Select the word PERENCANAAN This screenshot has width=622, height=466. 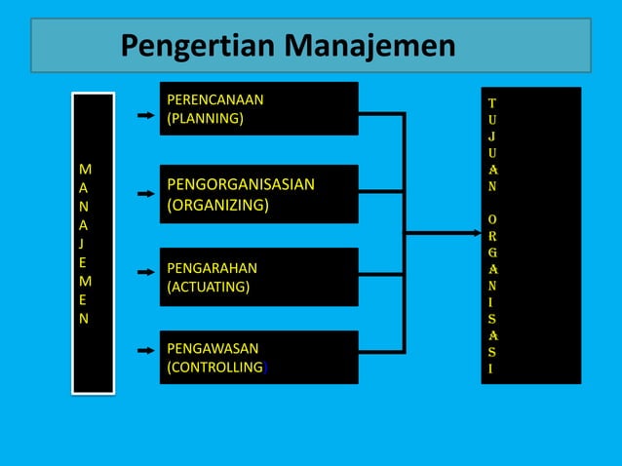215,99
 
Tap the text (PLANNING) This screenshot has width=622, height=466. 206,119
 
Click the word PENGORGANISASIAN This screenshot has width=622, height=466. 241,184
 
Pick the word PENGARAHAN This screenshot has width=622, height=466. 213,267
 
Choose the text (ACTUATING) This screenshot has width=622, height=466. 209,288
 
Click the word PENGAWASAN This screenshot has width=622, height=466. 213,348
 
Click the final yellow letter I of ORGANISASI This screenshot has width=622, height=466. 491,369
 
